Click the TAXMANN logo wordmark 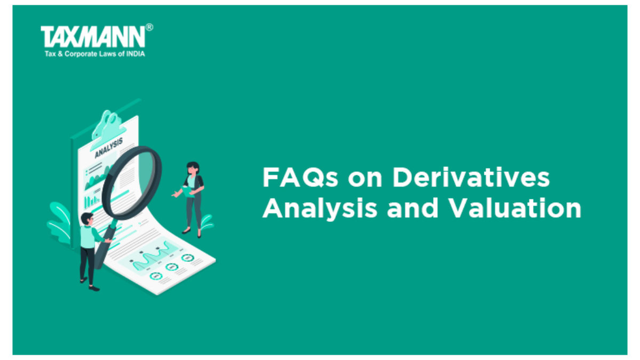pos(93,36)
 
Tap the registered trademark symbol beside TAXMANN pos(149,27)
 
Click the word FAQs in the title pos(300,178)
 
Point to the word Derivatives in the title pos(471,177)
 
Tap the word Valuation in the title pos(515,208)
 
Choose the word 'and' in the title pos(412,208)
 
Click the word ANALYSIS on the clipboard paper pos(109,148)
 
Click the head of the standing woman pos(193,168)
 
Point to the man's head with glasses pos(87,219)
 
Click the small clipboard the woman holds pos(188,191)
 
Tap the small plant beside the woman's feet pos(206,222)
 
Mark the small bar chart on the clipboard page pos(92,202)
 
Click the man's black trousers pos(87,265)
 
